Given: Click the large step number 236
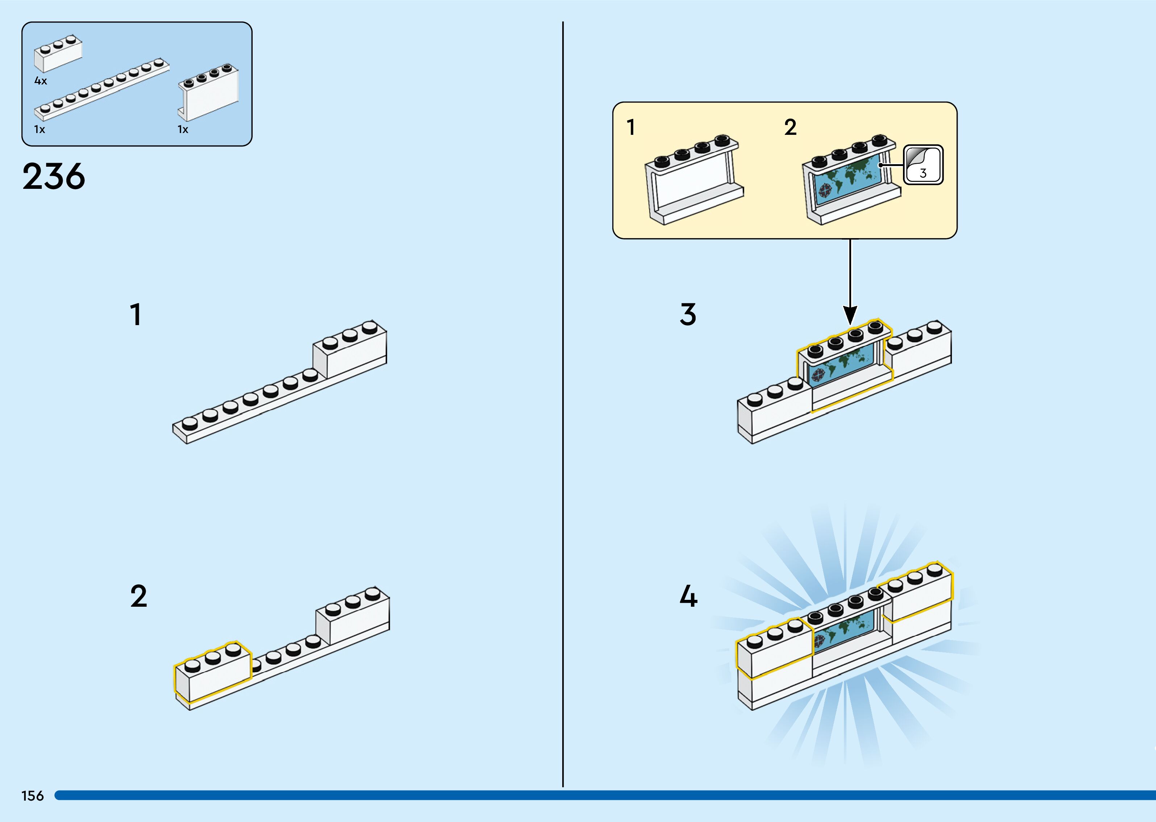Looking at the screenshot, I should click(x=54, y=177).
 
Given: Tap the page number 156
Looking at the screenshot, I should click(x=32, y=796).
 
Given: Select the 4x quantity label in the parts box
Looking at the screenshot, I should click(x=41, y=81).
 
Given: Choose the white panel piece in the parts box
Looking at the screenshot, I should click(x=208, y=93).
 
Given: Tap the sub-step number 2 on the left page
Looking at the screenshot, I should click(x=138, y=596).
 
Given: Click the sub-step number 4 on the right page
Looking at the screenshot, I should click(x=688, y=596).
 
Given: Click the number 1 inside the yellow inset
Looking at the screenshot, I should click(x=631, y=128).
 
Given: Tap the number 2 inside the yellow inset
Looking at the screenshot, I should click(x=790, y=128).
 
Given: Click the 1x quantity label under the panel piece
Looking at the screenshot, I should click(x=183, y=130).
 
